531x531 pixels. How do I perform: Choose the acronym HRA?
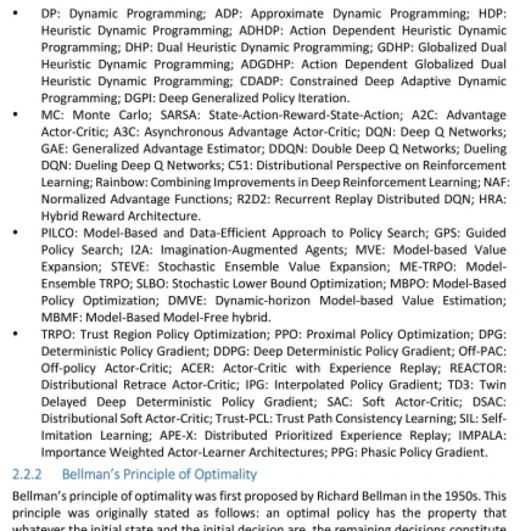point(493,198)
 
